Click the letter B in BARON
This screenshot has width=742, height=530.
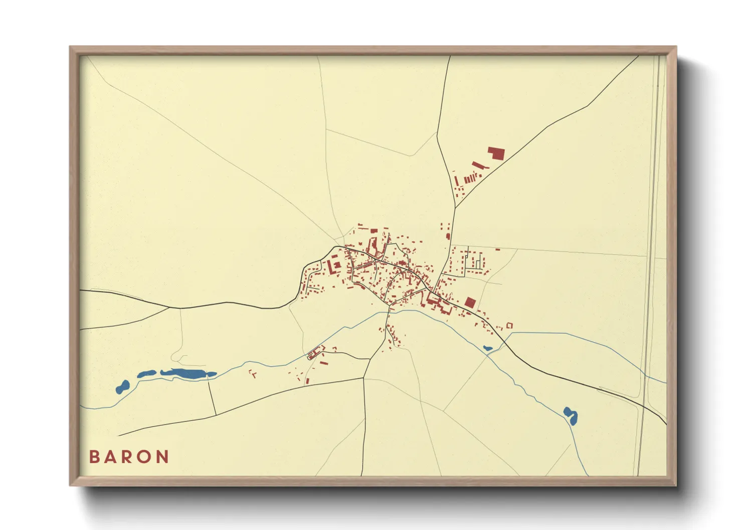pos(94,457)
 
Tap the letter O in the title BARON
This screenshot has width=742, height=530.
pos(146,457)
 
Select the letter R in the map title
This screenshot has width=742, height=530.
pos(128,457)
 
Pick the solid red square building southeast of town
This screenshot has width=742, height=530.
pos(470,302)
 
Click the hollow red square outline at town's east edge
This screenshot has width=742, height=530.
pos(509,326)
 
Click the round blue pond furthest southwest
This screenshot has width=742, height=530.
pos(122,386)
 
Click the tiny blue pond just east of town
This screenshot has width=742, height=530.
pos(487,348)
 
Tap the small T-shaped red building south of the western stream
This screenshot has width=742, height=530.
pos(253,373)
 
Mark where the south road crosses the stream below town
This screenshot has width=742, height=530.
pos(389,312)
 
